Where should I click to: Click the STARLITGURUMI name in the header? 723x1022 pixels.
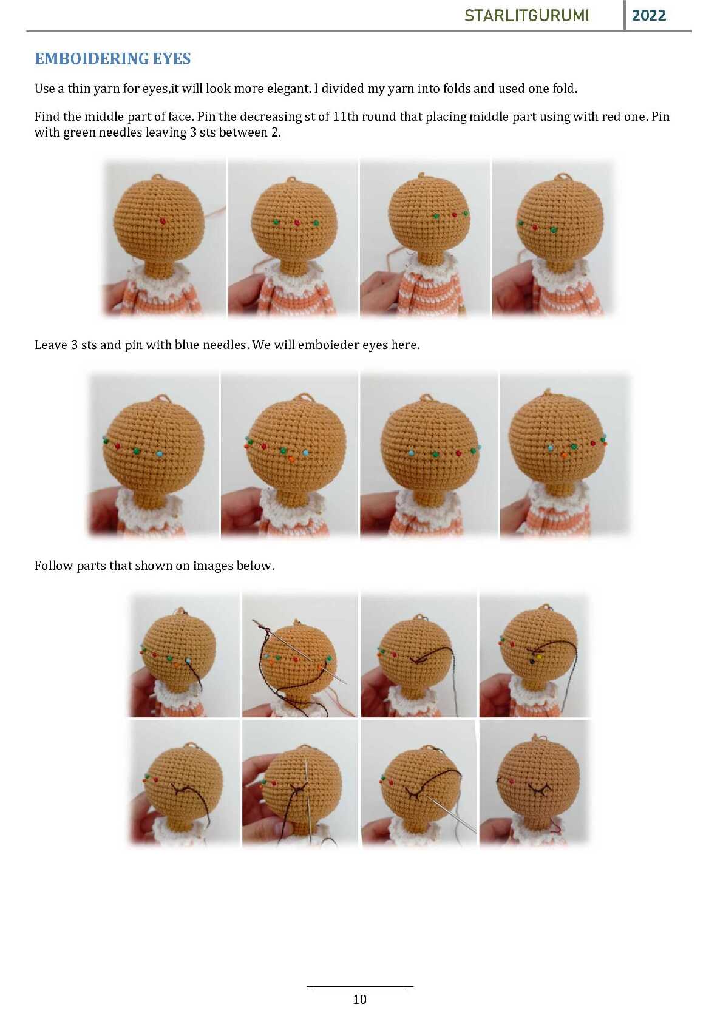pos(527,16)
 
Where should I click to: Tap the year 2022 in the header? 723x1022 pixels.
pos(648,16)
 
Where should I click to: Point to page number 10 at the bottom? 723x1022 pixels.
pos(359,999)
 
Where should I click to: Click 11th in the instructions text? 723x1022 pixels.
pos(345,117)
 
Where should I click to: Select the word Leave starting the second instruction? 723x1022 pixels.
pos(50,345)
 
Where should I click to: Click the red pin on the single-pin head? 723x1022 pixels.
pos(163,221)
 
